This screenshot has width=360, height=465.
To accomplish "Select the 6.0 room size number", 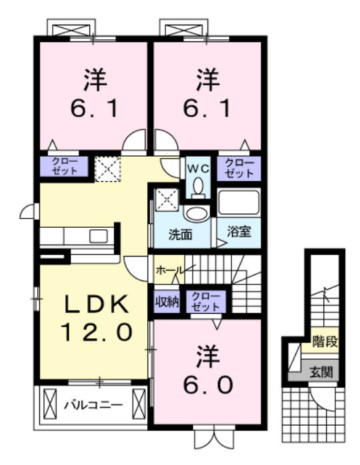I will coord(205,384).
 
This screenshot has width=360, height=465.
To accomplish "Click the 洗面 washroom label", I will coord(180,234).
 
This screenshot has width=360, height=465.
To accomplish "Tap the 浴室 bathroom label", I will coord(237,233).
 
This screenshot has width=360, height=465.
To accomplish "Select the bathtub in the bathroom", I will coord(238,203).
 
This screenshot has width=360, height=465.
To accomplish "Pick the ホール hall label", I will coord(169,270).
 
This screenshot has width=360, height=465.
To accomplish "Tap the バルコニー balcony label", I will coord(93,404).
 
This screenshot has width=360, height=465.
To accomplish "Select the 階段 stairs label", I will coord(325,344).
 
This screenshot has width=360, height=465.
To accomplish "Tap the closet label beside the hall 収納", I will coord(201,300).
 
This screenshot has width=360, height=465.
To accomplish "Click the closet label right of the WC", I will coord(238,168).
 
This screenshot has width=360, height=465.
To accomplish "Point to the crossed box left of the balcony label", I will coord(51,403).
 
